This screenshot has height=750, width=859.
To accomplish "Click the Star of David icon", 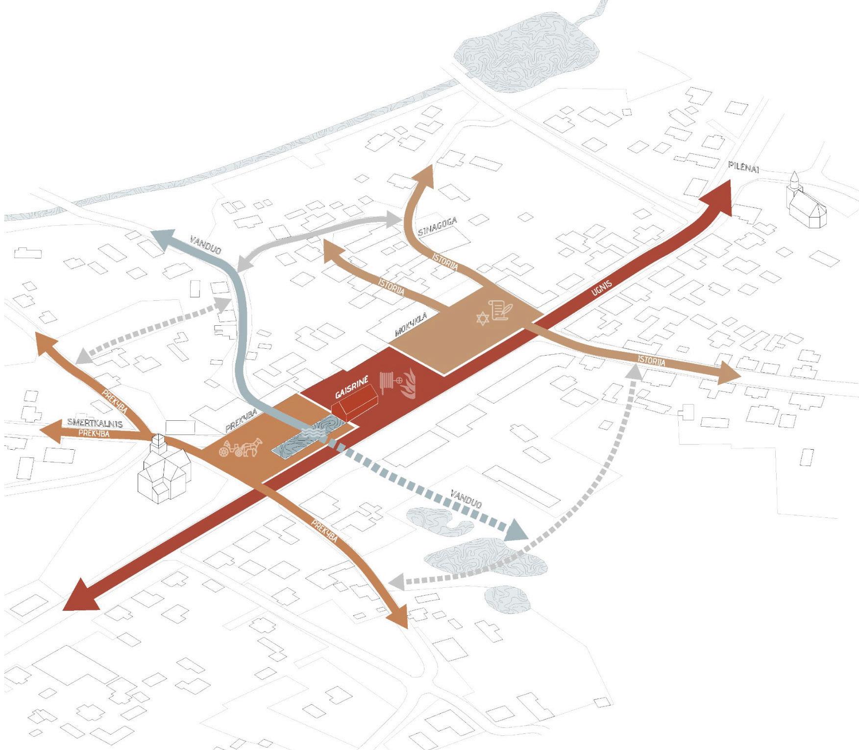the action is coord(483,319).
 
